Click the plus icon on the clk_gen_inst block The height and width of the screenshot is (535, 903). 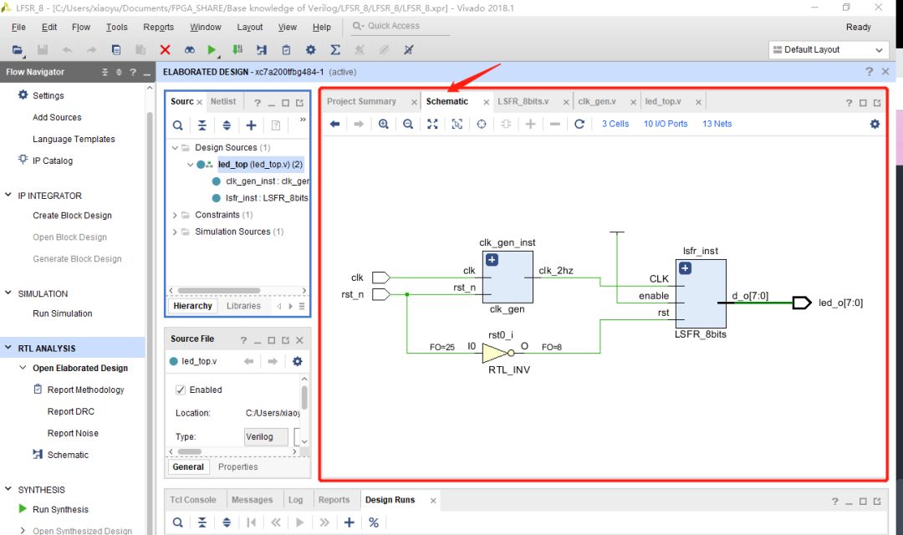(492, 260)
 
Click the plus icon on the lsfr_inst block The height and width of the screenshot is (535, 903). (685, 268)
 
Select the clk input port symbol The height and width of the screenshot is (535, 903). (380, 278)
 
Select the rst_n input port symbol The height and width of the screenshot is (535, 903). (380, 294)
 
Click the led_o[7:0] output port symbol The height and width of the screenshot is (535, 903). (801, 303)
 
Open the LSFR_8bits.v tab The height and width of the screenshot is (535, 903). (523, 101)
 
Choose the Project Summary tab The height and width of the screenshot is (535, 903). (361, 101)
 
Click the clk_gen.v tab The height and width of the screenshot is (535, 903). (597, 101)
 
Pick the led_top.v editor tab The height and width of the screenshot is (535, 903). (662, 101)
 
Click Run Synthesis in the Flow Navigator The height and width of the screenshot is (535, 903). (60, 509)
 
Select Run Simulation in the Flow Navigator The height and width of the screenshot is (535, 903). (62, 313)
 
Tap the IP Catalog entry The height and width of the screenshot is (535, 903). (53, 160)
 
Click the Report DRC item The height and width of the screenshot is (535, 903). (71, 411)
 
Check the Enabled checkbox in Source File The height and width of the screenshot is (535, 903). (181, 390)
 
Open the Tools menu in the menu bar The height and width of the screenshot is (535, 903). (117, 27)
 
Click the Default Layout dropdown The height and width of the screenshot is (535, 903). (828, 50)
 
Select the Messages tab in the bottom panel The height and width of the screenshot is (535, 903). (252, 500)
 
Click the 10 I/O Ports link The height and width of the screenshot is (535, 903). (666, 124)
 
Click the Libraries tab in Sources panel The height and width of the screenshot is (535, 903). (243, 306)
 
